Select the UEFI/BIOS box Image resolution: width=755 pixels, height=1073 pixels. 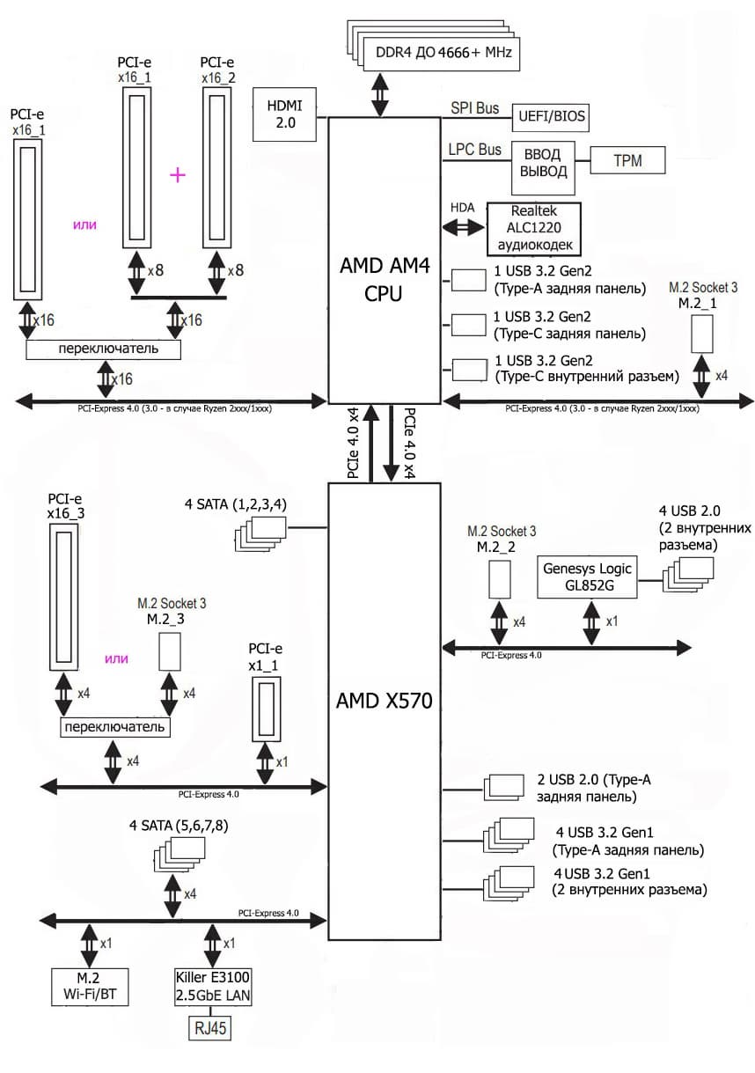click(x=550, y=116)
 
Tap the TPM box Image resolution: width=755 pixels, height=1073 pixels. click(x=627, y=161)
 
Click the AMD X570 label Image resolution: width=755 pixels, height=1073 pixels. click(x=383, y=701)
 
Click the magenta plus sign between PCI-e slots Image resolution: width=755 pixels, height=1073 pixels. click(x=178, y=175)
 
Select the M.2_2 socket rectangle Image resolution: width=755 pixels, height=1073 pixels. click(x=499, y=577)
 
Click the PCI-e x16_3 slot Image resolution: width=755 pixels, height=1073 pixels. click(x=64, y=594)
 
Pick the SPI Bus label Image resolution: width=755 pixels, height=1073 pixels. click(x=475, y=108)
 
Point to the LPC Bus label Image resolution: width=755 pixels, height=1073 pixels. click(x=475, y=150)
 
